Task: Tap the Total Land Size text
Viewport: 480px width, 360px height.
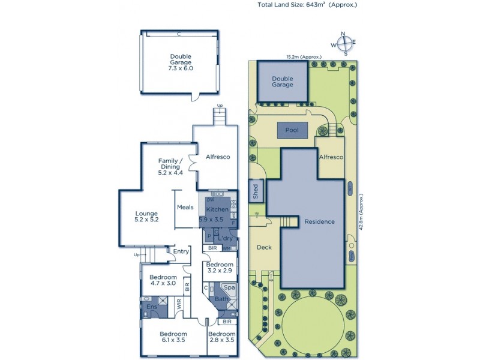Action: pyautogui.click(x=307, y=5)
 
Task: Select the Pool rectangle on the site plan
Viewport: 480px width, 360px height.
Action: pyautogui.click(x=292, y=130)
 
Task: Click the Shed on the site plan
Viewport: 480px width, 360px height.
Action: pyautogui.click(x=256, y=191)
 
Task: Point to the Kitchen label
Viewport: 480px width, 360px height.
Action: pyautogui.click(x=217, y=209)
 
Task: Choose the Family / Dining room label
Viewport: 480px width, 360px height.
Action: pyautogui.click(x=169, y=165)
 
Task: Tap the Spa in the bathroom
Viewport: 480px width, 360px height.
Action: pyautogui.click(x=229, y=288)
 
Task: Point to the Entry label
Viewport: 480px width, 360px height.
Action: pyautogui.click(x=181, y=251)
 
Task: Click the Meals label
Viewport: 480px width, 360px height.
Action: pyautogui.click(x=185, y=208)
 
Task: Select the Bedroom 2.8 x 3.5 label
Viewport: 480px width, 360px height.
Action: pyautogui.click(x=221, y=337)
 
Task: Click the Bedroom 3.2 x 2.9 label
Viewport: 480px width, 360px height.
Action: pyautogui.click(x=219, y=268)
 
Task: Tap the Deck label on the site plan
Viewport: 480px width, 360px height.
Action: pyautogui.click(x=265, y=247)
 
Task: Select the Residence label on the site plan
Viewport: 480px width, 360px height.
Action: pyautogui.click(x=319, y=221)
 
